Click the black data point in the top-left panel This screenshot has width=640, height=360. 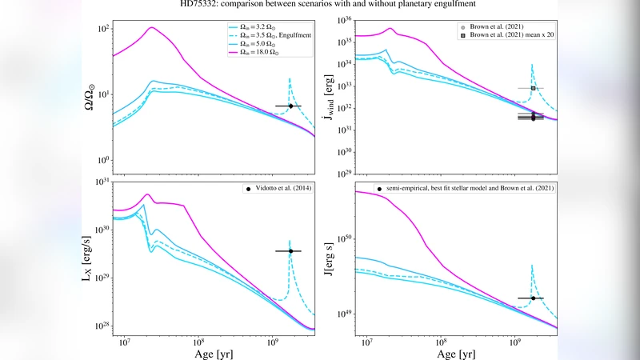[x=290, y=106]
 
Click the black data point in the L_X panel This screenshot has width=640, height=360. [x=290, y=251]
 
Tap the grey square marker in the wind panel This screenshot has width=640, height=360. [x=533, y=88]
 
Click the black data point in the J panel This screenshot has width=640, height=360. [x=533, y=298]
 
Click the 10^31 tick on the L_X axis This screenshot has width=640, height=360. [x=102, y=181]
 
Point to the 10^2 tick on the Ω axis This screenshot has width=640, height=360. [x=102, y=29]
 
